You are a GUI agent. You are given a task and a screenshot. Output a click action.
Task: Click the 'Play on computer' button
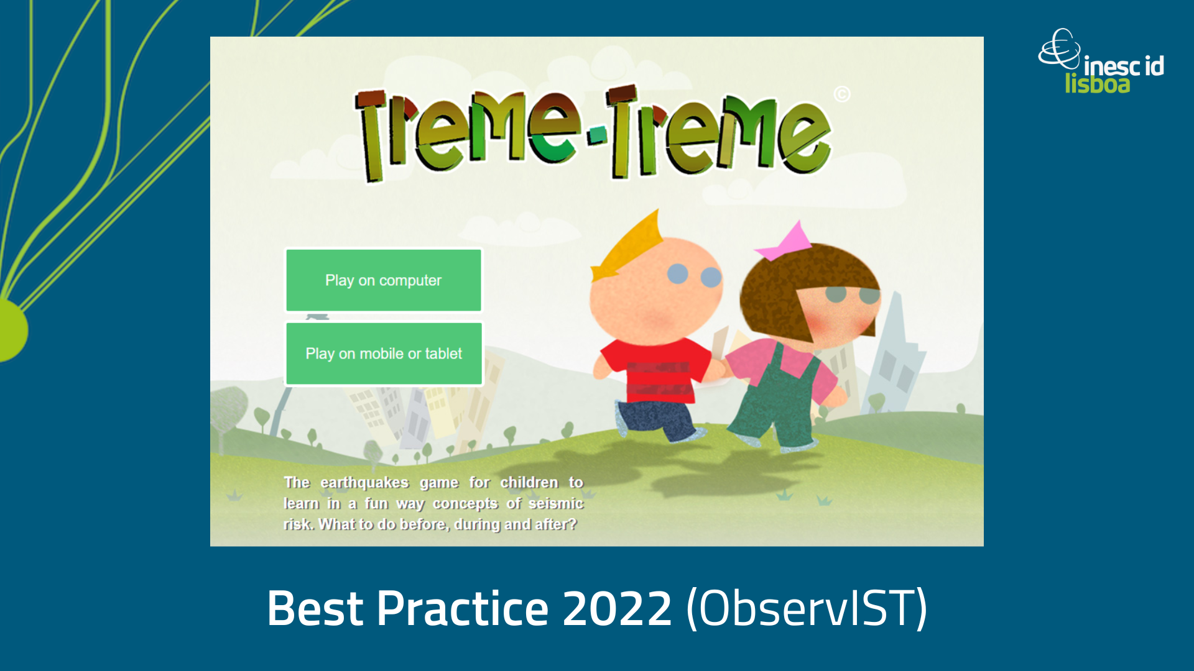(x=384, y=280)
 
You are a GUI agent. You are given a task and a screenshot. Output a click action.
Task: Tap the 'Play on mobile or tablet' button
(x=384, y=354)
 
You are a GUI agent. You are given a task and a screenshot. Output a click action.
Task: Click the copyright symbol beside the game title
(x=842, y=94)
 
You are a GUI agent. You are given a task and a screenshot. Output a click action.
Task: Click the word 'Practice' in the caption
(x=462, y=608)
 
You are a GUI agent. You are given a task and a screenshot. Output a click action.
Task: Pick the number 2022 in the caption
(x=617, y=608)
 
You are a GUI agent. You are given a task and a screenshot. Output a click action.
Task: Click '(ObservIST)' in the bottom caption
(x=807, y=609)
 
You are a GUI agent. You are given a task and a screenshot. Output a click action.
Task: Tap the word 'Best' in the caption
(x=315, y=608)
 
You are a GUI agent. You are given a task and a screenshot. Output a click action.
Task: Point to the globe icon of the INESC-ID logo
(x=1060, y=48)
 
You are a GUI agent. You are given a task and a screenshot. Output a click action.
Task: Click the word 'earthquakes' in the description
(x=364, y=483)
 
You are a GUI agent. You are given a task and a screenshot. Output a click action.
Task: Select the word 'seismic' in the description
(x=556, y=503)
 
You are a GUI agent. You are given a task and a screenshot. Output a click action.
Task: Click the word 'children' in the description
(x=529, y=483)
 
